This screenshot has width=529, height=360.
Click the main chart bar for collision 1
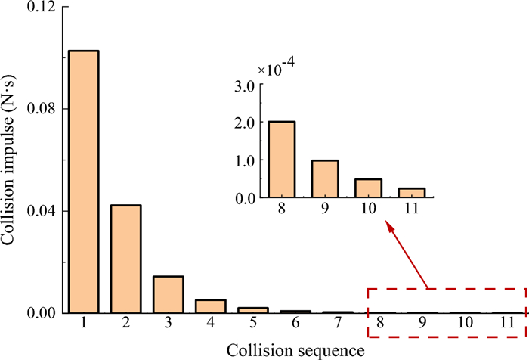tap(83, 182)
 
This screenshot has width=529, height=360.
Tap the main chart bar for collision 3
tap(169, 294)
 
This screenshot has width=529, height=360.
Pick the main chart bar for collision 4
tap(211, 306)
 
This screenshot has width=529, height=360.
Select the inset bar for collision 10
tap(367, 188)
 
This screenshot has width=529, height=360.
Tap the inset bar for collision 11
tap(410, 193)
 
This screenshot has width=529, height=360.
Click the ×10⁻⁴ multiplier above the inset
tap(277, 70)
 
